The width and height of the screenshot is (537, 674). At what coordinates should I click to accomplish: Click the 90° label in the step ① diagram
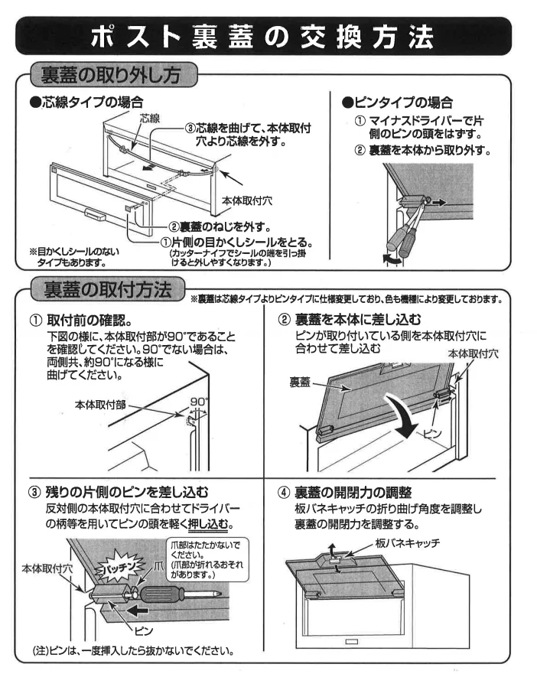click(197, 399)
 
